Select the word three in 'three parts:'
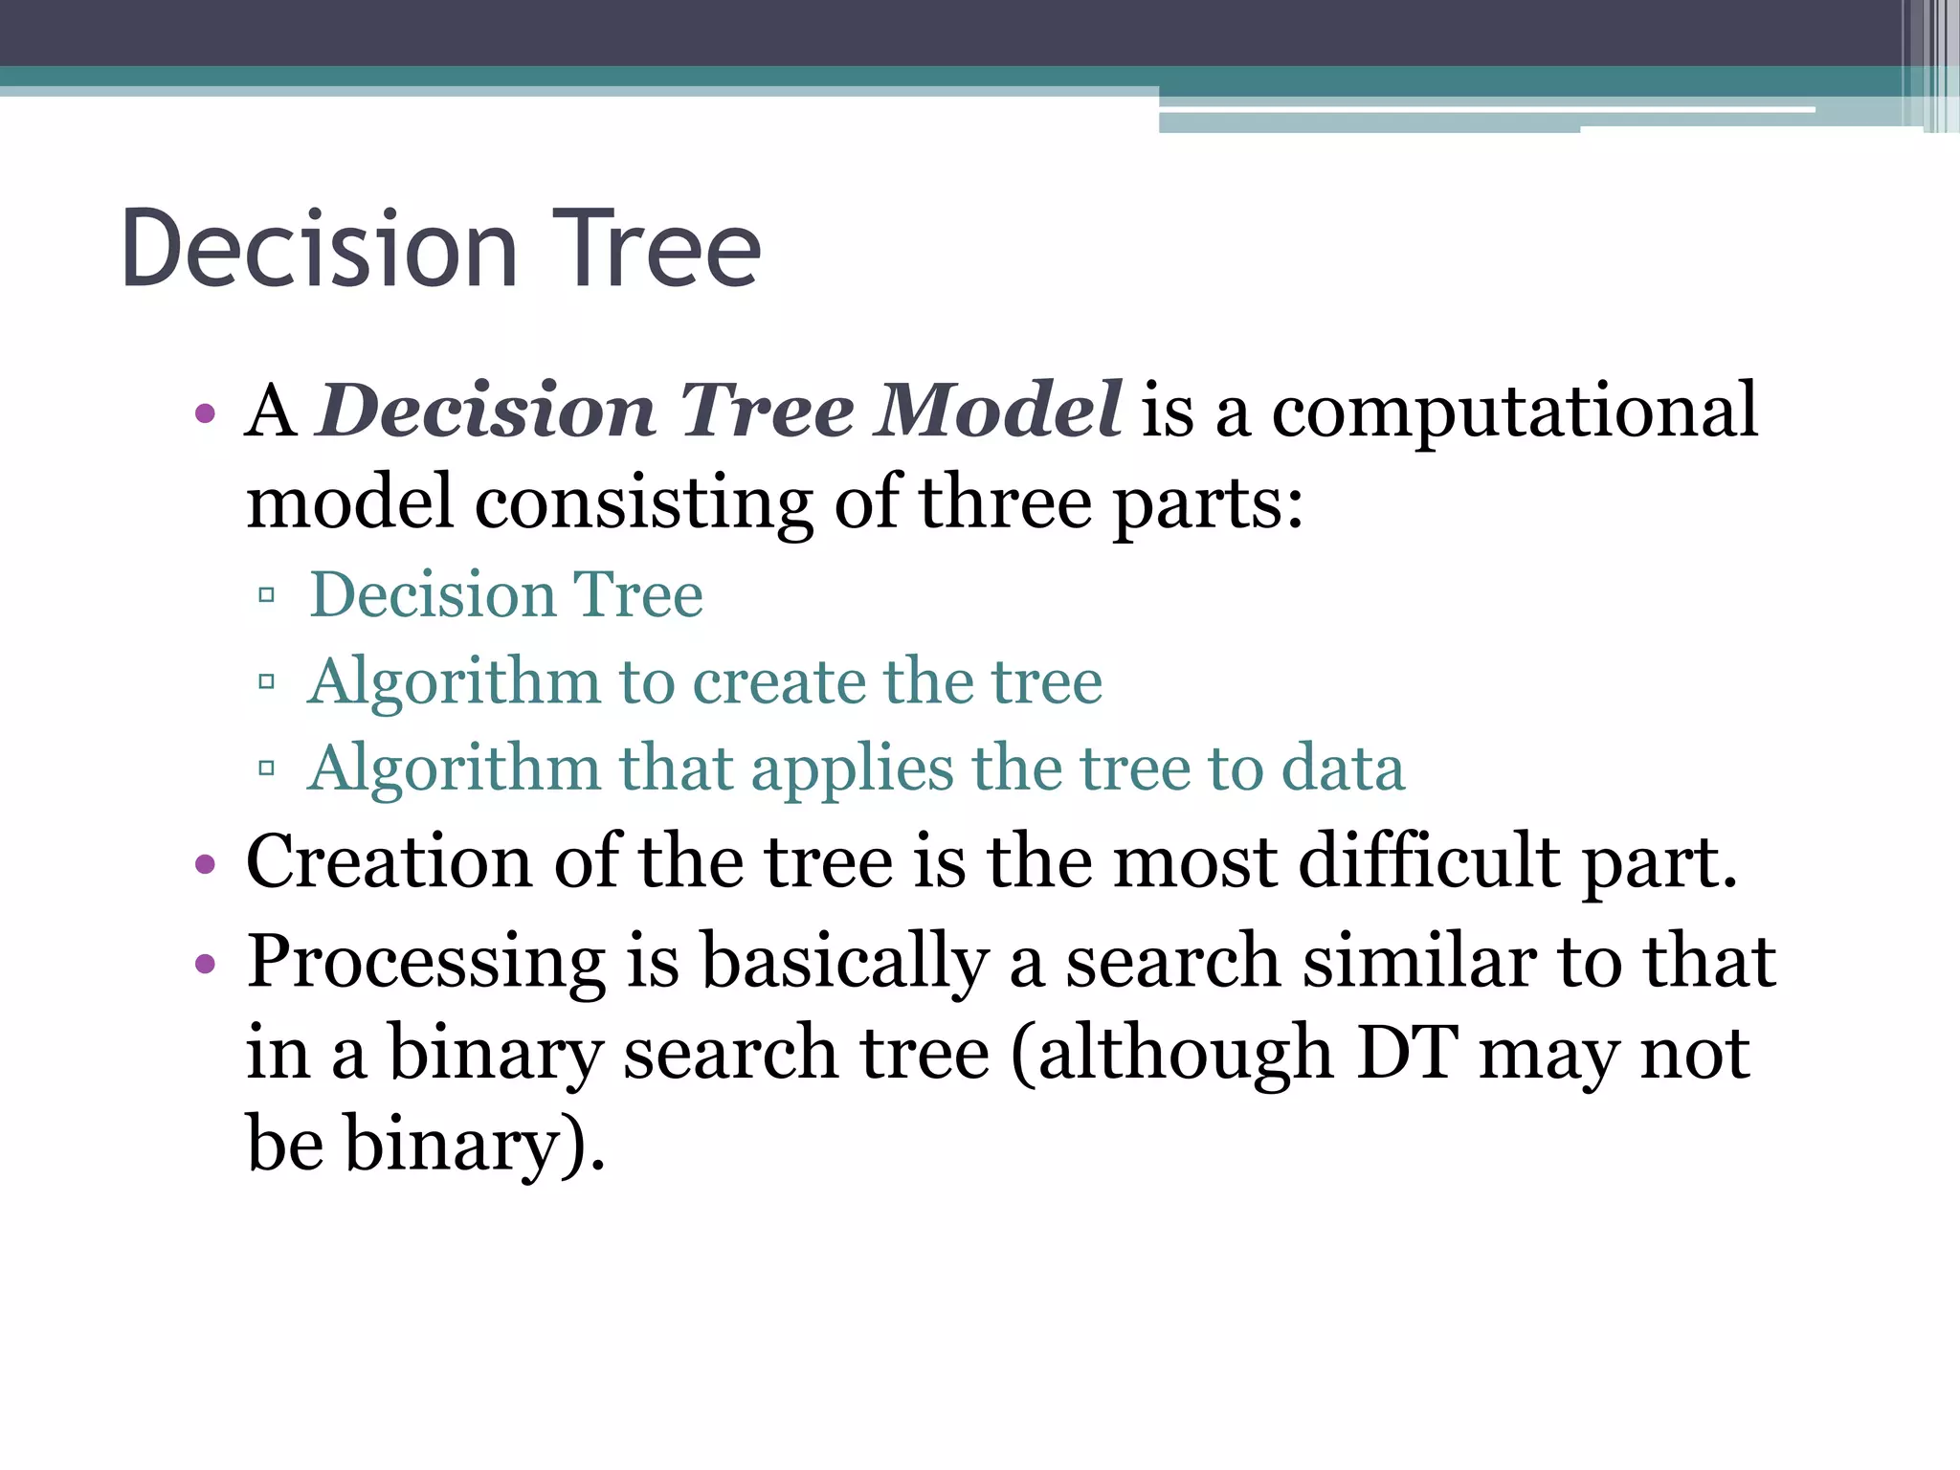[1005, 502]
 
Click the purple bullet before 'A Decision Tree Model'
[204, 415]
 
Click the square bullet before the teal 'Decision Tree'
[267, 596]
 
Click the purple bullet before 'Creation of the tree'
[204, 865]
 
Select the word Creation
[389, 861]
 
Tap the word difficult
[1430, 861]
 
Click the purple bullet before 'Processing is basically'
[204, 964]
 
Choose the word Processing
[426, 963]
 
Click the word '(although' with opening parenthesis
[1171, 1053]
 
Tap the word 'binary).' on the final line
[475, 1144]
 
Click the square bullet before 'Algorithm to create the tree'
[267, 682]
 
